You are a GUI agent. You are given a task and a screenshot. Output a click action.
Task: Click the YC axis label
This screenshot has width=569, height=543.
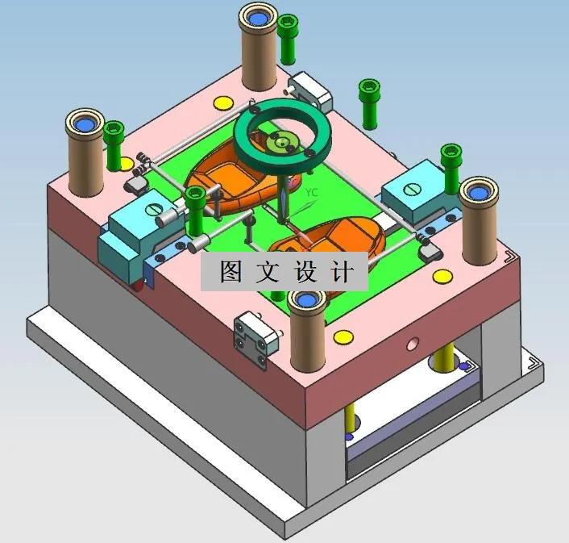point(313,192)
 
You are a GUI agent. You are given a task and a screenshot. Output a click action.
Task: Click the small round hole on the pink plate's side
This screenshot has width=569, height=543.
point(412,344)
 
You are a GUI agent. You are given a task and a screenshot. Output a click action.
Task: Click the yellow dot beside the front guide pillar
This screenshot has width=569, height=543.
point(343,336)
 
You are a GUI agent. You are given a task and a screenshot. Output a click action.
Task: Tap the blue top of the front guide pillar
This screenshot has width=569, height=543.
point(306,300)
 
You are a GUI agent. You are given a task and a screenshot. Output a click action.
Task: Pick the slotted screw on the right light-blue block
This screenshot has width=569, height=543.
point(412,189)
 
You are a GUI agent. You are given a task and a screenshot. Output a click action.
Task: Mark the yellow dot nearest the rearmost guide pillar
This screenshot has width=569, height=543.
point(221,103)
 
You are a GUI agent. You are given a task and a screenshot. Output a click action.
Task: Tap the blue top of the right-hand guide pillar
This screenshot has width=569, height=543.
point(479,190)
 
